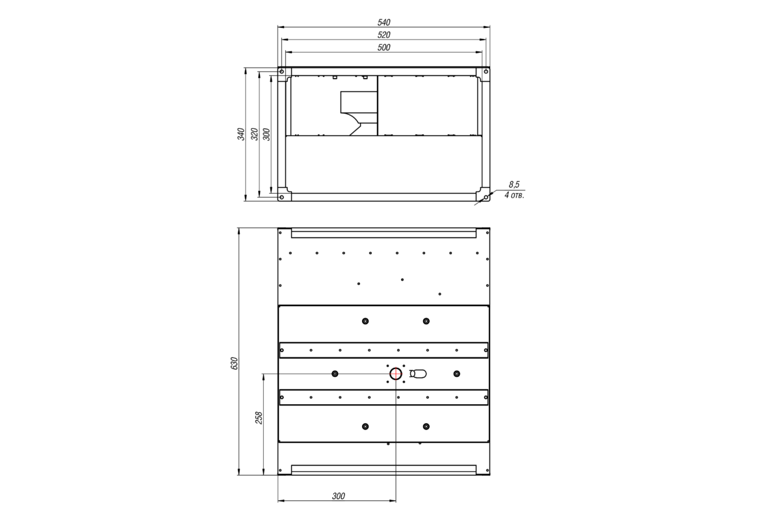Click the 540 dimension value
point(383,23)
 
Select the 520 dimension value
point(383,35)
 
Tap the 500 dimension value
point(383,47)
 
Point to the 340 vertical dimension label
point(241,134)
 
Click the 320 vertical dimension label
point(255,134)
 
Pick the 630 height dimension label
point(235,363)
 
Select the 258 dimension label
point(259,418)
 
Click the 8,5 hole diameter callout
point(514,184)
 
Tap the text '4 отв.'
point(514,195)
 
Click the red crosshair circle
point(396,374)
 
